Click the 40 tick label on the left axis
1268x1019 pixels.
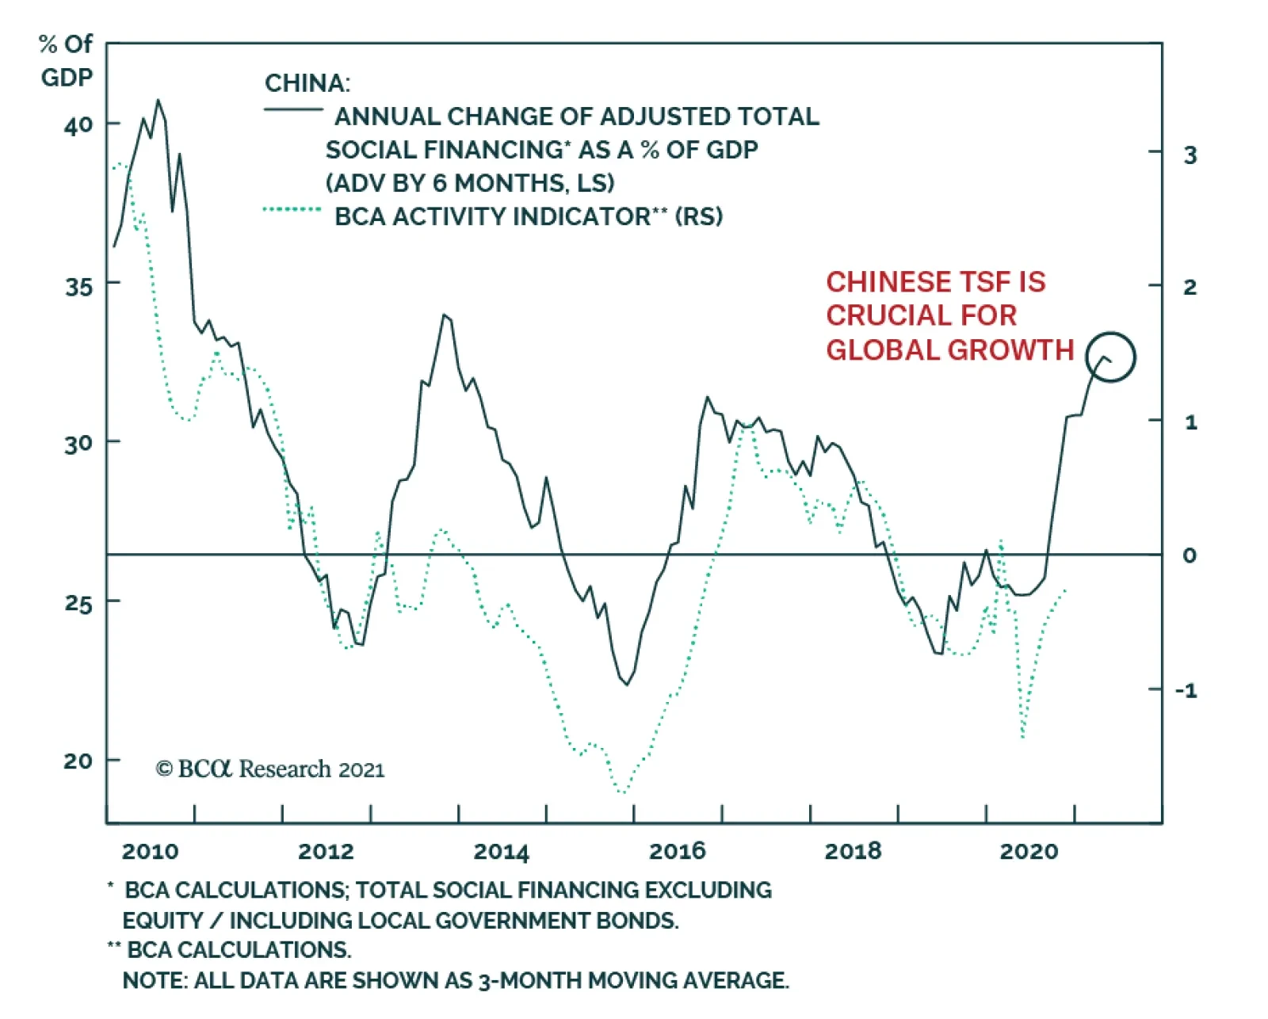[x=78, y=124]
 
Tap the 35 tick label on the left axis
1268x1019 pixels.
[x=78, y=285]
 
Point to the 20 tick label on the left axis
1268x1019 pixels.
[x=78, y=761]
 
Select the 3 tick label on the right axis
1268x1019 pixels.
[x=1190, y=155]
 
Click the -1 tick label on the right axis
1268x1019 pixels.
[x=1186, y=690]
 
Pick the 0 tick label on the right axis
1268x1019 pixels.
[x=1190, y=555]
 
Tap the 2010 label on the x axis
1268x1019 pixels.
[x=150, y=852]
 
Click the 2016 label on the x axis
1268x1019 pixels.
[x=677, y=852]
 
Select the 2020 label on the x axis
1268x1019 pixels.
[x=1029, y=852]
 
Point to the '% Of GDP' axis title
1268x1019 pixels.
[x=67, y=60]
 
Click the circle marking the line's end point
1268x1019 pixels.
[x=1110, y=357]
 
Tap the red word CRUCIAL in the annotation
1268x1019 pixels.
[x=921, y=315]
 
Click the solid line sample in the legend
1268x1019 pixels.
[x=292, y=109]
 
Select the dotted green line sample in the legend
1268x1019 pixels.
[x=292, y=209]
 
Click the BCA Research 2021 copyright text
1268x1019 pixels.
[x=270, y=769]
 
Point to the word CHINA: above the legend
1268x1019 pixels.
[x=307, y=83]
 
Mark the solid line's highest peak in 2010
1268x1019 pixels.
[x=158, y=100]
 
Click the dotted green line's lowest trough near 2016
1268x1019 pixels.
[x=623, y=792]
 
